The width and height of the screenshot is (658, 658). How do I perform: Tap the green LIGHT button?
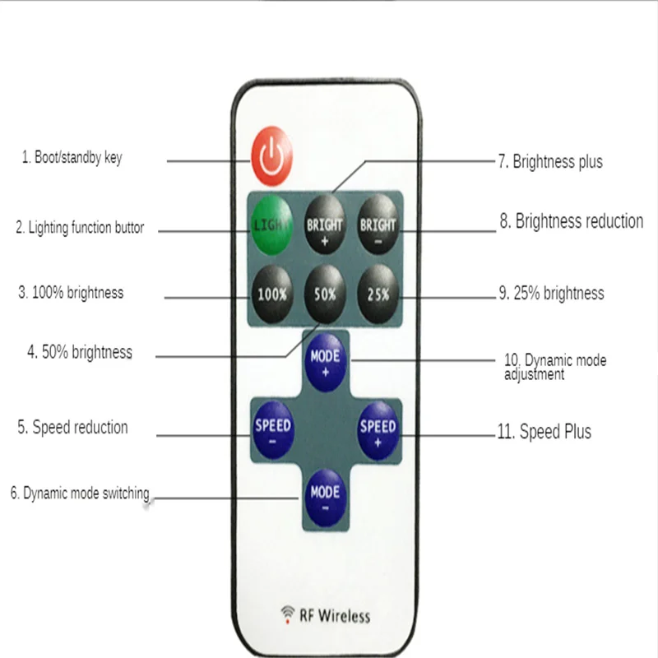(x=272, y=223)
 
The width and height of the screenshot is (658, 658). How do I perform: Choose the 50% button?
(x=326, y=291)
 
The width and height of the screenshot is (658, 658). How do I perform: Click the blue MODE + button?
(x=326, y=364)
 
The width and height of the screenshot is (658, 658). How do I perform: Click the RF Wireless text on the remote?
(x=335, y=614)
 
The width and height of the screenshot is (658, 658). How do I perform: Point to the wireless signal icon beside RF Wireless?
(x=288, y=613)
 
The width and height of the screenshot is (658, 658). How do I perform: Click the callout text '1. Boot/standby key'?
(x=72, y=157)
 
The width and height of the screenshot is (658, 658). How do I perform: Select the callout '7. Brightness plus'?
(x=550, y=161)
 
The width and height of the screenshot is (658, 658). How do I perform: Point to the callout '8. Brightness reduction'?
(x=571, y=221)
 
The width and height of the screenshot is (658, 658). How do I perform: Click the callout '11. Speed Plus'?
(x=544, y=432)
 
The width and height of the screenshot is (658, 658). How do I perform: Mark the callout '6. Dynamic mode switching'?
(x=80, y=493)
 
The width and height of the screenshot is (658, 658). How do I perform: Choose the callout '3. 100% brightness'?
(x=71, y=292)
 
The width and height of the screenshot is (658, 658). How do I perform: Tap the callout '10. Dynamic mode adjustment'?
(x=555, y=367)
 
